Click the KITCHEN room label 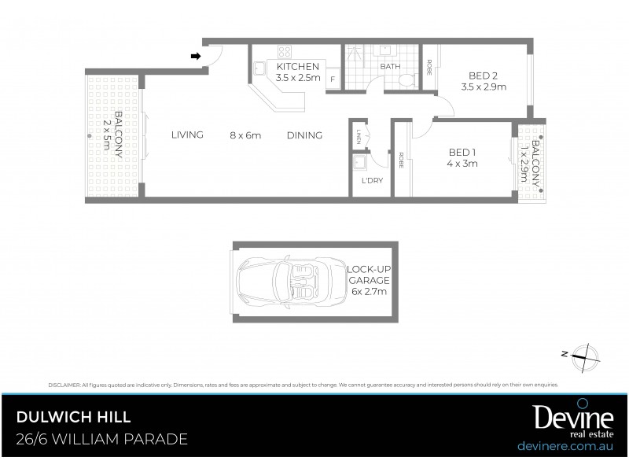tap(297, 67)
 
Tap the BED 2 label tap(484, 76)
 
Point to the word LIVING tap(187, 135)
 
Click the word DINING tap(304, 135)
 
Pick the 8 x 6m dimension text tap(245, 135)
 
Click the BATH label tap(390, 67)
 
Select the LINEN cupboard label tap(358, 135)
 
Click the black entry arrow tap(196, 56)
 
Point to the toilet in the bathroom tap(406, 81)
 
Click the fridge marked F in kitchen tap(333, 79)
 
